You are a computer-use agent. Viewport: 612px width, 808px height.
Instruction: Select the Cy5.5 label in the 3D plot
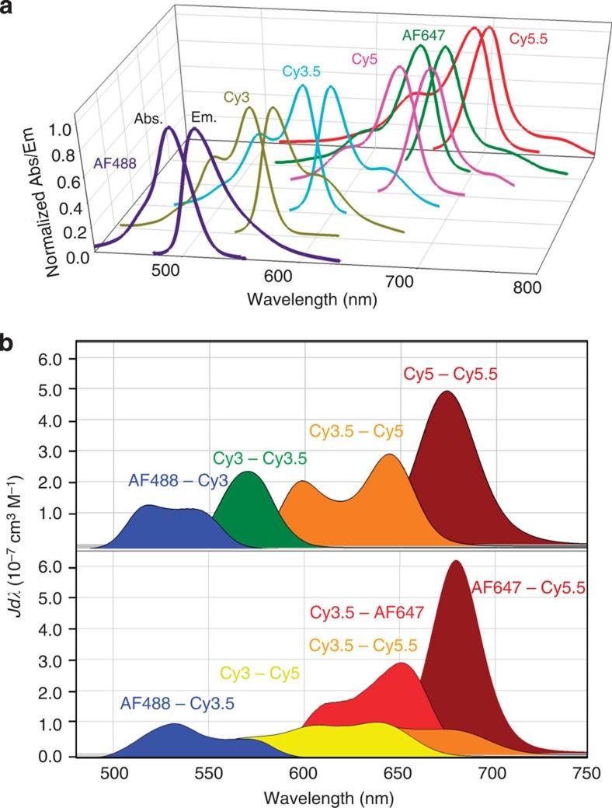click(534, 38)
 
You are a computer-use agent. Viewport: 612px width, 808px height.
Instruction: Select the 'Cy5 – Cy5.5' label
click(450, 374)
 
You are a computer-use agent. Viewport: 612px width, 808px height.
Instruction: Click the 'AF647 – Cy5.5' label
click(528, 589)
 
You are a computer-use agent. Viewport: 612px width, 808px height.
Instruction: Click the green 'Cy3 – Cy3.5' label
click(259, 458)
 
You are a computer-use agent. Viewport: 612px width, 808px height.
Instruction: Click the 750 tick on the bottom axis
click(586, 774)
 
